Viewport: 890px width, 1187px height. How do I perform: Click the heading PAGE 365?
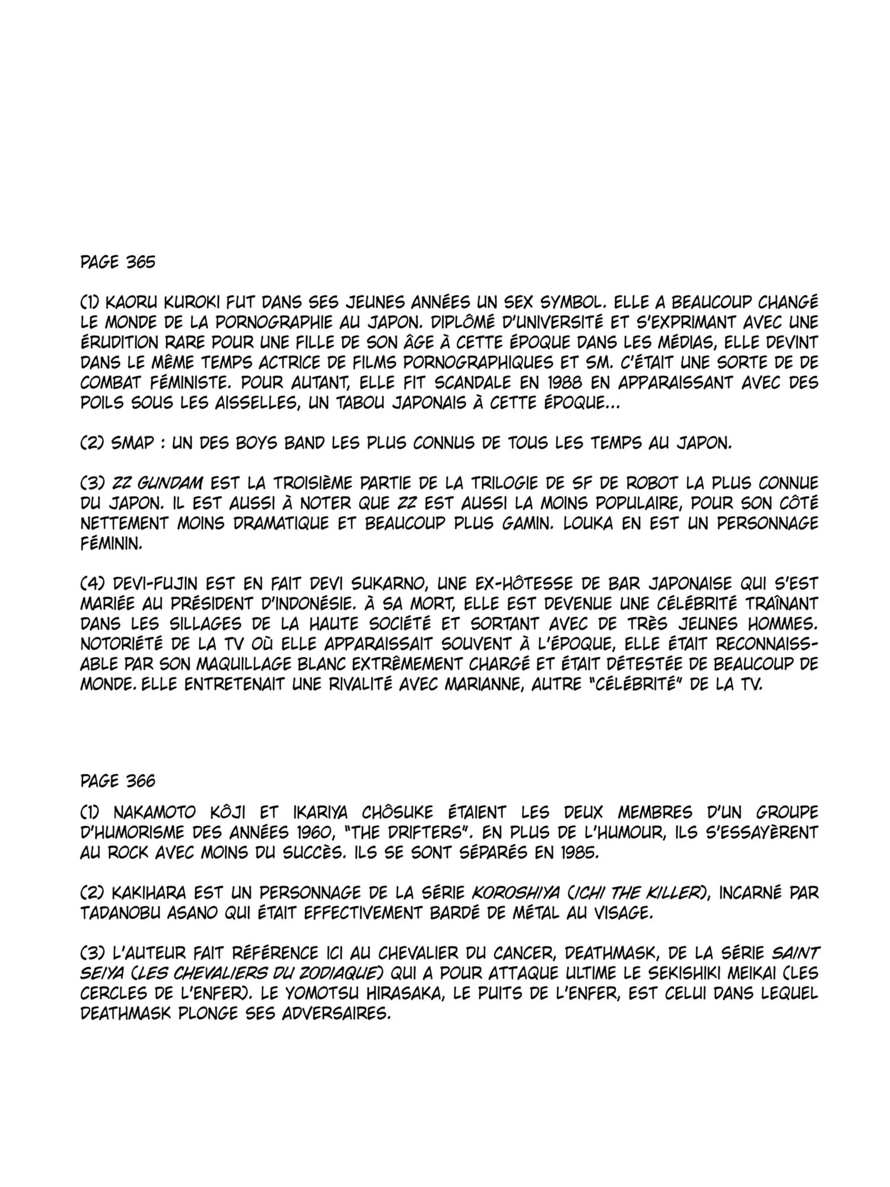(117, 262)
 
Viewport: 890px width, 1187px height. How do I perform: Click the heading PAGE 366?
(117, 780)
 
